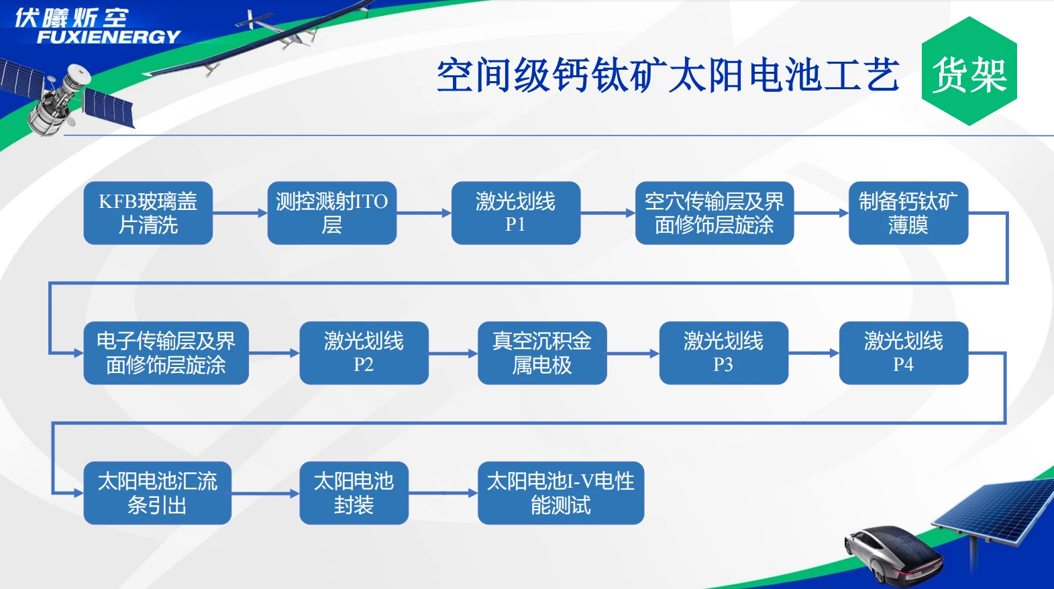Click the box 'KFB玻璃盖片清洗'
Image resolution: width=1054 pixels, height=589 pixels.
coord(148,213)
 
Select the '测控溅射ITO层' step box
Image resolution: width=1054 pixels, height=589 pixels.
coord(331,213)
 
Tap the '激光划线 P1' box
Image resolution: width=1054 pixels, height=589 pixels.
coord(515,213)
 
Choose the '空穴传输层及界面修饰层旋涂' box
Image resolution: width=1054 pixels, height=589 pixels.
coord(714,213)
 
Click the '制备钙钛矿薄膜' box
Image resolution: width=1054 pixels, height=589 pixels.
coord(908,213)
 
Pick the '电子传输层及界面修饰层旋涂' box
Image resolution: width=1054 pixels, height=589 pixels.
coord(166,353)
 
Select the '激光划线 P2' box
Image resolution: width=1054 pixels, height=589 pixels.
coord(364,353)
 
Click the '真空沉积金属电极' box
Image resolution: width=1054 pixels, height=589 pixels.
coord(541,353)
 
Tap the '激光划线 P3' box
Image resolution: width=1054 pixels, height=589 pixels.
coord(723,353)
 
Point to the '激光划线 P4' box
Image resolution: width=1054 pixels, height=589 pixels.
coord(903,353)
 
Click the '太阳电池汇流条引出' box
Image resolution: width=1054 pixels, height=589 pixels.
coord(157,492)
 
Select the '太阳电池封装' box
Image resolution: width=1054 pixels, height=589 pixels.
coord(354,492)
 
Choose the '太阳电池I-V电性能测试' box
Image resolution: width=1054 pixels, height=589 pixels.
coord(560,492)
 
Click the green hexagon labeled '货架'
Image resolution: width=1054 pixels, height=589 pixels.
coord(969,72)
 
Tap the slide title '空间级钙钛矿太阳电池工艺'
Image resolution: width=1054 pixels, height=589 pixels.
coord(668,74)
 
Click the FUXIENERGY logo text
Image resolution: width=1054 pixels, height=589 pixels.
coord(107,37)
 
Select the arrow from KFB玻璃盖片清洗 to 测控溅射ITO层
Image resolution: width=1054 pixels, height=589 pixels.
coord(240,213)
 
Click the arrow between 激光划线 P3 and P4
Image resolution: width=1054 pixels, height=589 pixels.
coord(813,353)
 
